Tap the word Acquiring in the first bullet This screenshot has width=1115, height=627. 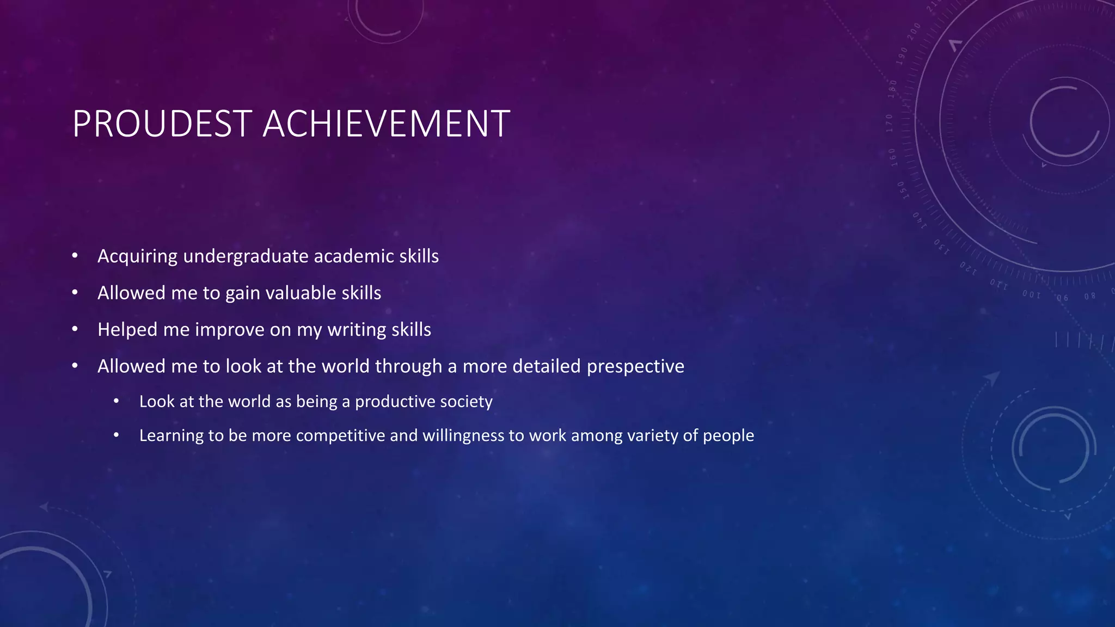[137, 256]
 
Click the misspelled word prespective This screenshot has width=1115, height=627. [635, 366]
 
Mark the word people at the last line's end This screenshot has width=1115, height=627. [728, 435]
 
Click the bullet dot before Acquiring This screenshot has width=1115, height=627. [75, 256]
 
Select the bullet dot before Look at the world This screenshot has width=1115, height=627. [116, 401]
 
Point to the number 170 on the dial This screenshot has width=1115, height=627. [890, 123]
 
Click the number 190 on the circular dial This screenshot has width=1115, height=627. [903, 56]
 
